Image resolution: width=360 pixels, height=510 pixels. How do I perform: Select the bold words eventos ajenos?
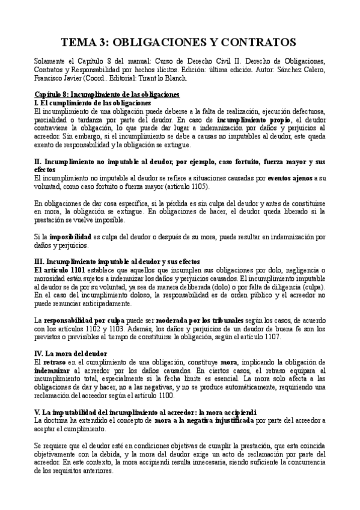coord(288,179)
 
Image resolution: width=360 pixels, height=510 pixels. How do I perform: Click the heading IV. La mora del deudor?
coord(70,354)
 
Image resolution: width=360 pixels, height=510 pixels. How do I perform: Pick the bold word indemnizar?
coord(54,371)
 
